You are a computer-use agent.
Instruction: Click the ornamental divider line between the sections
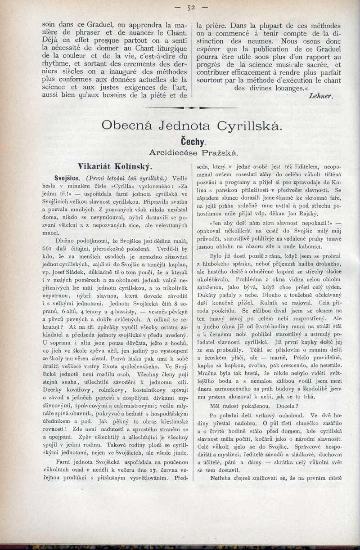pos(192,108)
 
